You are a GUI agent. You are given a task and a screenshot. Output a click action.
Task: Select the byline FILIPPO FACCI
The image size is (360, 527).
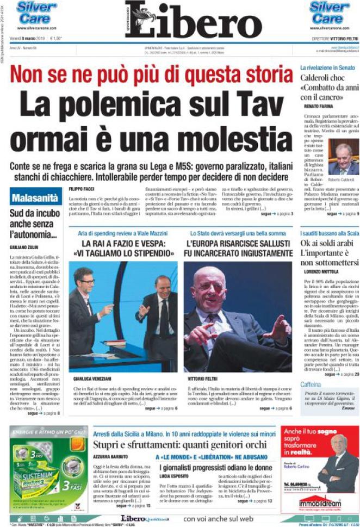[x=83, y=188]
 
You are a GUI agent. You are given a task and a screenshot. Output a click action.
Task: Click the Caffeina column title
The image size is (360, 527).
[x=311, y=385]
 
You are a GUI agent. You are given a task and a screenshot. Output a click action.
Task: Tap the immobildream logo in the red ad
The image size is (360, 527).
[x=320, y=505]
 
